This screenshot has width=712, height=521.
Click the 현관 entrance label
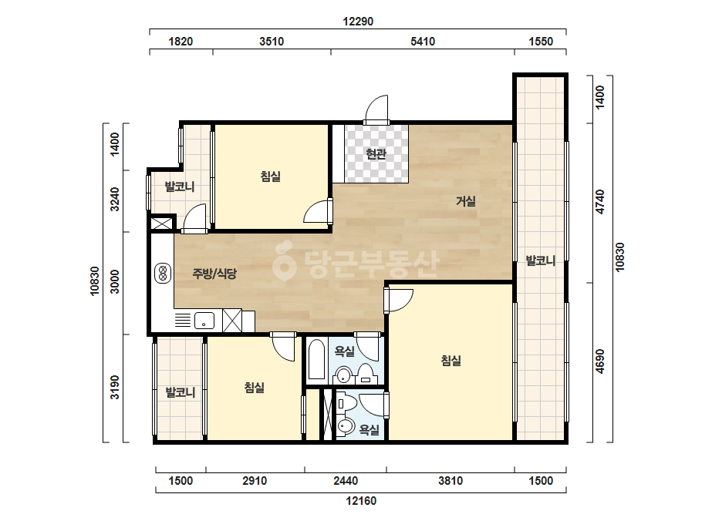click(x=376, y=154)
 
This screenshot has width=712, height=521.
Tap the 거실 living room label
click(x=466, y=200)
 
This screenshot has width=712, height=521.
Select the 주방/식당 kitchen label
click(x=214, y=273)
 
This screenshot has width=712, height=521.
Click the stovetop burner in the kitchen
click(x=163, y=273)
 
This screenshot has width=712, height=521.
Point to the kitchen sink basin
click(x=204, y=321)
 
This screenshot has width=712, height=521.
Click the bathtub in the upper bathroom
click(x=316, y=359)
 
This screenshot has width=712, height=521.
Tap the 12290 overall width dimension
click(x=358, y=22)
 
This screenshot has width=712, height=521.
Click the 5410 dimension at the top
click(x=423, y=42)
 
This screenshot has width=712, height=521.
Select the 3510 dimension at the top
click(x=272, y=42)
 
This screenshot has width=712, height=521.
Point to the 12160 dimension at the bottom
click(x=361, y=501)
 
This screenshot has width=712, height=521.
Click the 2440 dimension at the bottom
click(x=346, y=481)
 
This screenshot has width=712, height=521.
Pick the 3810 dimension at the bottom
click(x=450, y=481)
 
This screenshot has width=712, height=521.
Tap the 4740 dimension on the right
click(x=600, y=202)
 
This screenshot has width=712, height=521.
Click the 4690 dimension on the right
click(x=600, y=361)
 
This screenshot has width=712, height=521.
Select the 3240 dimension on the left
click(x=115, y=200)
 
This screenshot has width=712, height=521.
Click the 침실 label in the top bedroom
click(x=271, y=176)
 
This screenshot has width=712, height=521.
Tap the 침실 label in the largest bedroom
click(x=451, y=361)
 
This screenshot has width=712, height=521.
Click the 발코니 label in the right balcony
click(x=540, y=260)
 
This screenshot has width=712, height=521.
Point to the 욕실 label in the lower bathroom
click(x=369, y=429)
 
